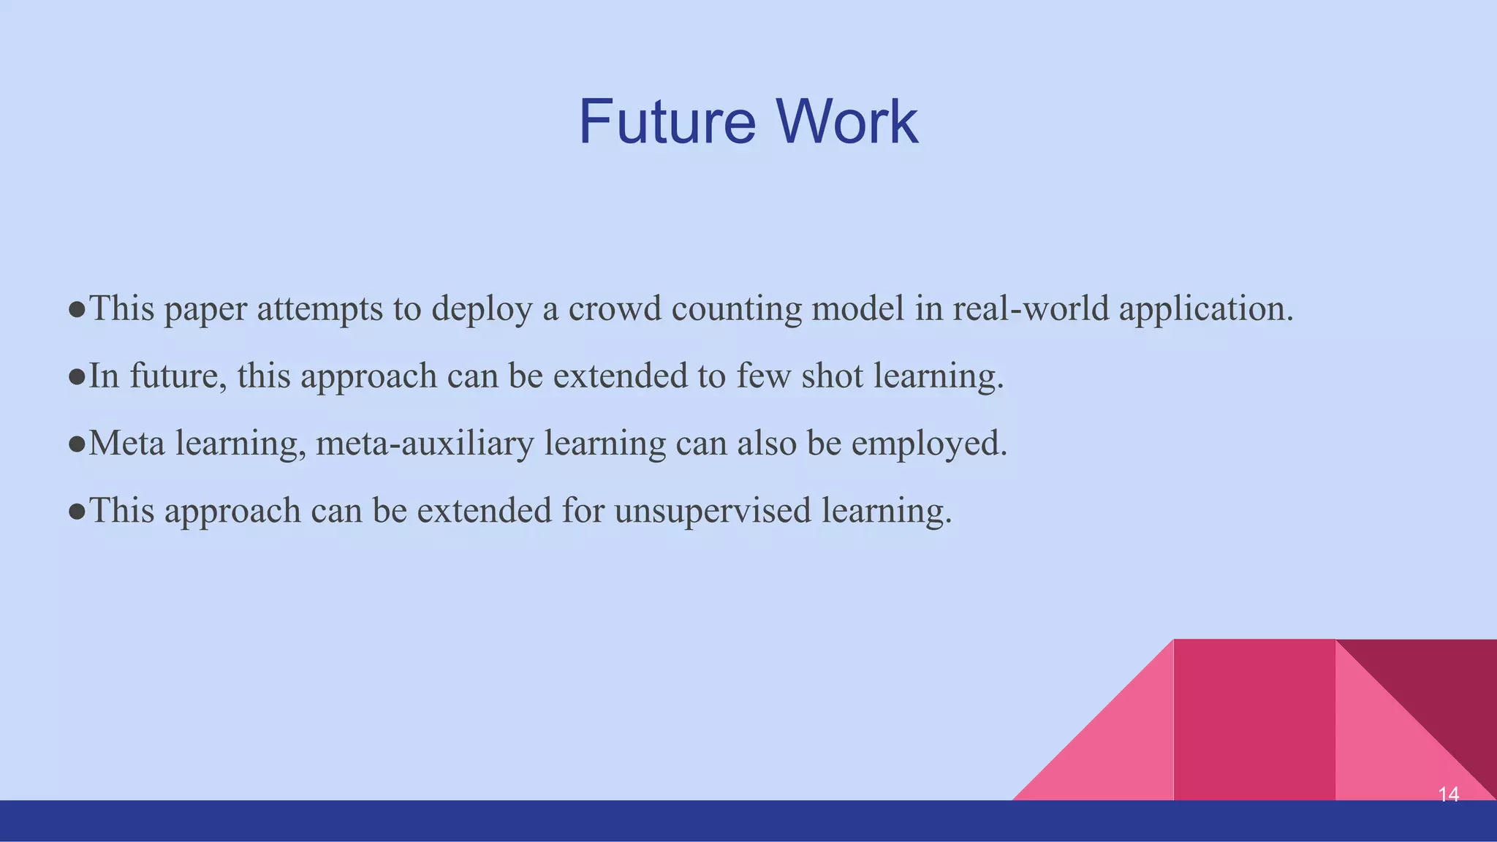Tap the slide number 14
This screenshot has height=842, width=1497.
(1448, 794)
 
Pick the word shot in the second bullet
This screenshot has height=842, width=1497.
(833, 376)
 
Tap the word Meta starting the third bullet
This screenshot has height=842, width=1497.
(126, 443)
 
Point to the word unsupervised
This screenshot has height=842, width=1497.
(713, 511)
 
